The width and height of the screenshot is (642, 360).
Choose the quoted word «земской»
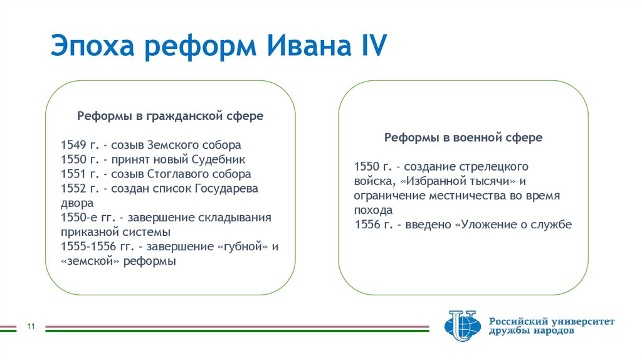(90, 261)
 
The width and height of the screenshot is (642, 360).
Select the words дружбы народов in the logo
(531, 331)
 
